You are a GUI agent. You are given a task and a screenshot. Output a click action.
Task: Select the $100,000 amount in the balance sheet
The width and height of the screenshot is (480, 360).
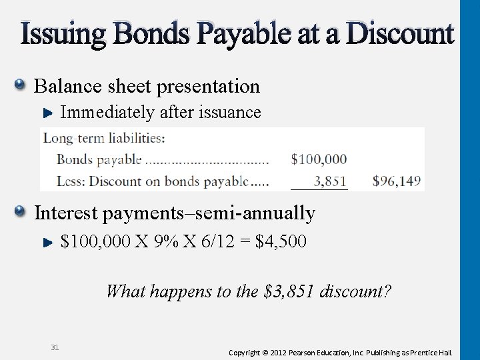click(x=319, y=159)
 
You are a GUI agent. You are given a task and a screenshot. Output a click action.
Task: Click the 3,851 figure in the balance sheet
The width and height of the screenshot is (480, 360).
click(x=325, y=180)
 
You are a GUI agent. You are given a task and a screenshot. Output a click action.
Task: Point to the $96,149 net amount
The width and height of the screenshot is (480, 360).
click(x=397, y=180)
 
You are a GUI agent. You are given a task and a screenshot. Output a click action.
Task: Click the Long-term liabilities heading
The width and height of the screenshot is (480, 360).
click(x=105, y=139)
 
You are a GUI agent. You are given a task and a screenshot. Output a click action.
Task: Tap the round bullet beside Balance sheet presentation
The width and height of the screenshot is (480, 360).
click(x=21, y=85)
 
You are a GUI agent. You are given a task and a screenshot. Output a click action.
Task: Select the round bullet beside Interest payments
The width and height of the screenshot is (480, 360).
click(x=21, y=212)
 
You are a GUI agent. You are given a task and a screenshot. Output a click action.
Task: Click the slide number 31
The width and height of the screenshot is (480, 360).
click(x=55, y=346)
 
